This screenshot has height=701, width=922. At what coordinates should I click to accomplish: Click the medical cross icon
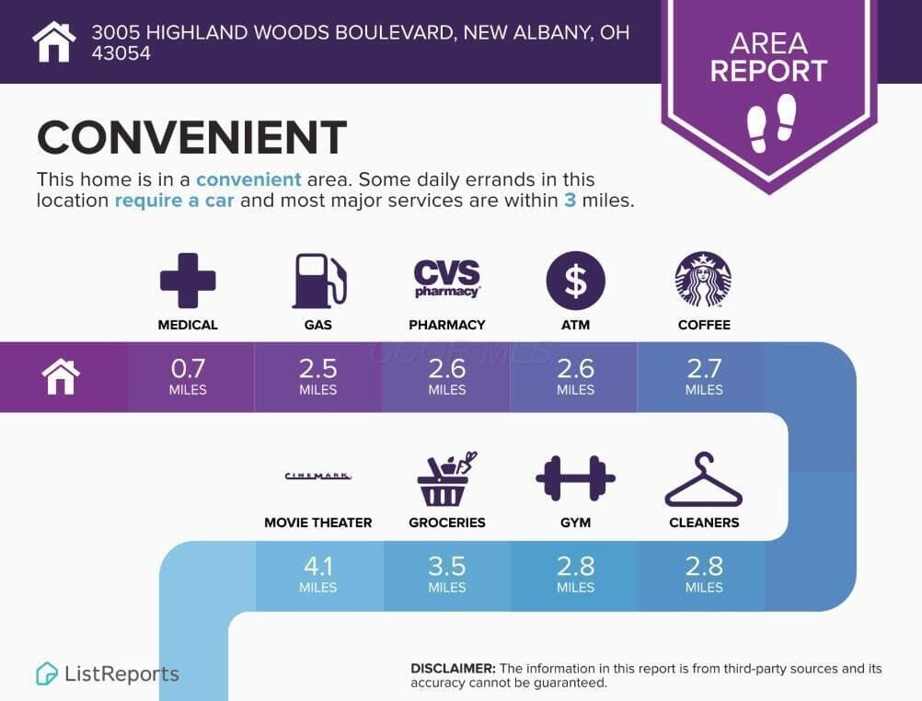click(x=188, y=281)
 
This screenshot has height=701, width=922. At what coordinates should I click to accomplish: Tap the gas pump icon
click(x=319, y=281)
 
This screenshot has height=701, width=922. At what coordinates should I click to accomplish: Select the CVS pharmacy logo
click(x=447, y=278)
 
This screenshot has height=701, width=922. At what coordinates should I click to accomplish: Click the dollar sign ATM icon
click(x=576, y=280)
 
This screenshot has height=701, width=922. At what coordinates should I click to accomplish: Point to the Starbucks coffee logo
click(x=703, y=280)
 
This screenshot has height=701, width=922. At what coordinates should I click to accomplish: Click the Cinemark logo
click(x=318, y=476)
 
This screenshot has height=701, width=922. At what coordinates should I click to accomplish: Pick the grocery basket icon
click(x=446, y=478)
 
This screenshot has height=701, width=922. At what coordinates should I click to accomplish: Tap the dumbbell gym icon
click(x=576, y=478)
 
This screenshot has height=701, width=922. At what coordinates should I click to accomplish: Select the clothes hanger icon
click(x=704, y=479)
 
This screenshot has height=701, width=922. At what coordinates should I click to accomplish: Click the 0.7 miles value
click(x=188, y=376)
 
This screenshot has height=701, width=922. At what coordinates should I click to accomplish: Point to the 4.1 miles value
click(x=318, y=574)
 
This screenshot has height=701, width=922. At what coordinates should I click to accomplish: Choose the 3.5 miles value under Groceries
click(x=447, y=574)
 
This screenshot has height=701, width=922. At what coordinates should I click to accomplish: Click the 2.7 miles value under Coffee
click(x=704, y=376)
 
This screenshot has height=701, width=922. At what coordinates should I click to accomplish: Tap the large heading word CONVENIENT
click(x=191, y=138)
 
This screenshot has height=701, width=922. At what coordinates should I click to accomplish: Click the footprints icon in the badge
click(x=771, y=123)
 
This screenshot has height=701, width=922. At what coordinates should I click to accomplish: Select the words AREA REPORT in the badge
click(x=768, y=57)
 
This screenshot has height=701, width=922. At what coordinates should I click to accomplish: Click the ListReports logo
click(x=107, y=673)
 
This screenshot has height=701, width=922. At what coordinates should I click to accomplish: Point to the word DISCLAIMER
click(x=453, y=669)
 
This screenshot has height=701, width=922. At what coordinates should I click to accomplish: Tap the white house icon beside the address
click(x=54, y=41)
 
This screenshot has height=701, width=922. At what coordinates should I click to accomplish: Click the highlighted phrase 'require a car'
click(x=174, y=201)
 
